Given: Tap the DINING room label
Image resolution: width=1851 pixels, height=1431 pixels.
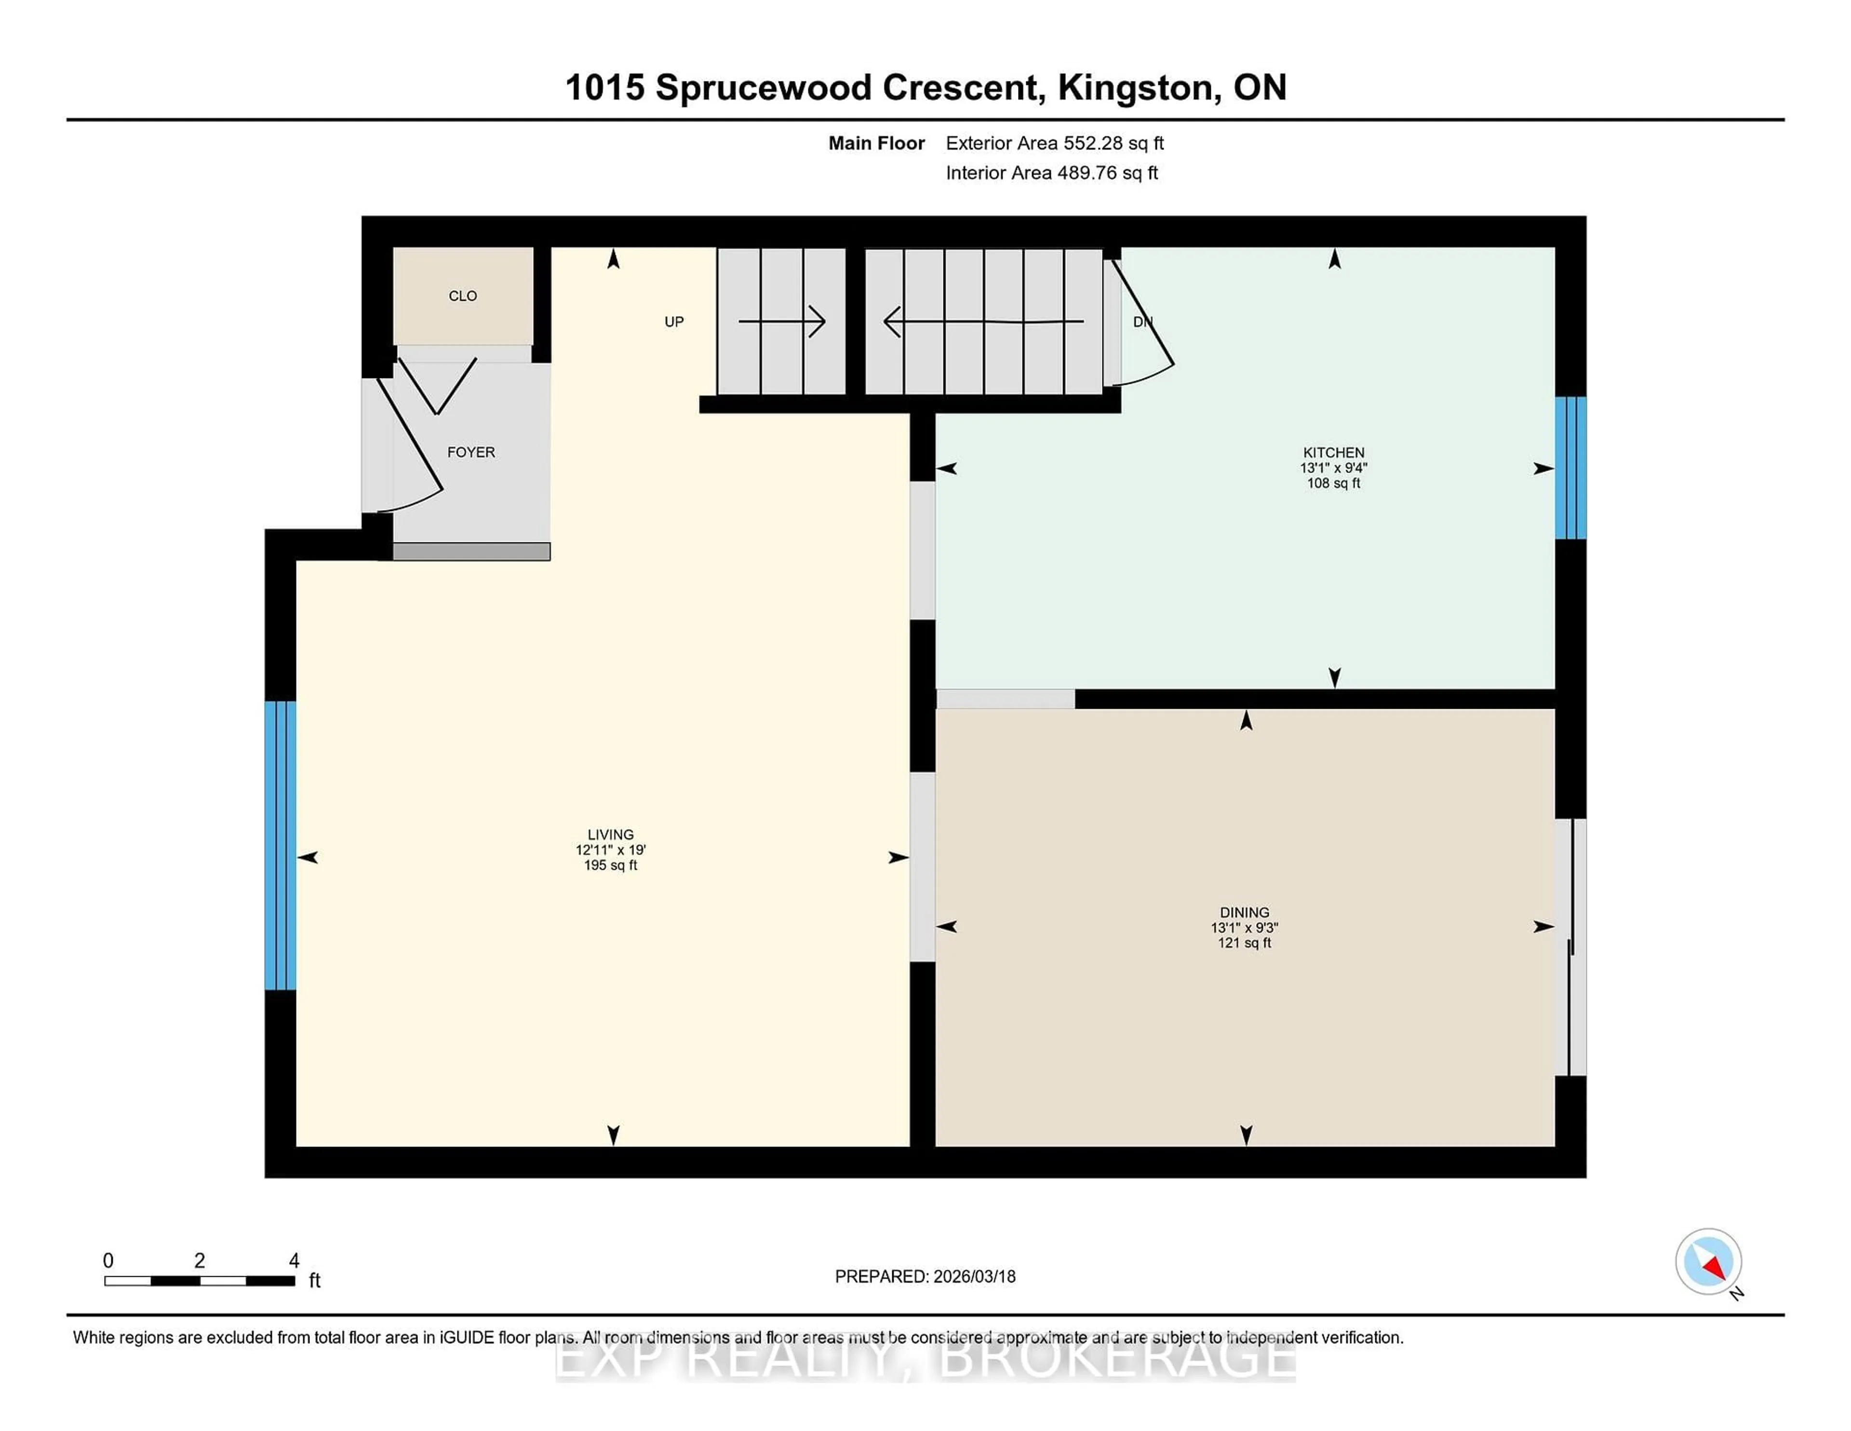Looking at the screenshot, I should point(1244,912).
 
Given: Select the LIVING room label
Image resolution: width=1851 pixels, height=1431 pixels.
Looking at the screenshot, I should point(610,834).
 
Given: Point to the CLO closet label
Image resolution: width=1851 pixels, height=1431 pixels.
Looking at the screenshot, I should point(463,296).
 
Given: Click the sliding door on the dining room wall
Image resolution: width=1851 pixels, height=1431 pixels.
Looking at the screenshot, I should point(1571,947).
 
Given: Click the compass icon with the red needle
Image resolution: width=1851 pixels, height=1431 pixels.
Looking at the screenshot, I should point(1708,1261).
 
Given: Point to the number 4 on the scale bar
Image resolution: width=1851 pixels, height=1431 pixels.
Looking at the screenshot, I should point(294,1261).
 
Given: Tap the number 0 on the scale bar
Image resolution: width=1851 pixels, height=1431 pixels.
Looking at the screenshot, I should point(108,1261).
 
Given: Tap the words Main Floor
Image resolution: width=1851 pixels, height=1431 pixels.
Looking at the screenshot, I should point(876,143).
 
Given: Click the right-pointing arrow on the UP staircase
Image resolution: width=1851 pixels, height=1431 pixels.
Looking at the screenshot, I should point(781,321).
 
